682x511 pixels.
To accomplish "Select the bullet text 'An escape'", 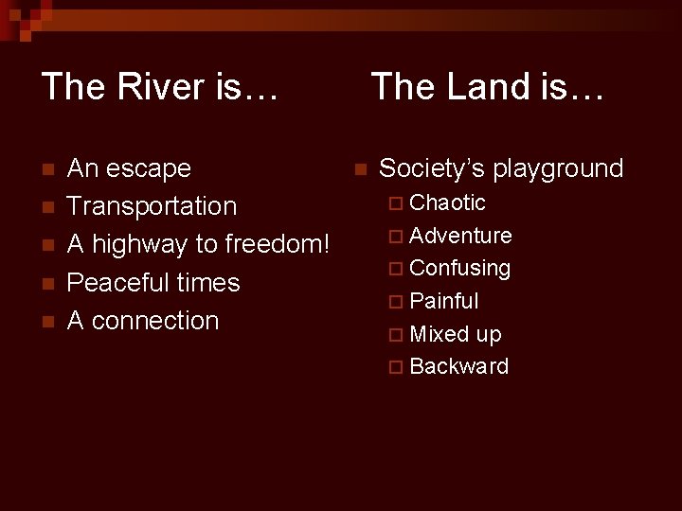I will point(129,169).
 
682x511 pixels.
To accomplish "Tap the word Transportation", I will point(153,206).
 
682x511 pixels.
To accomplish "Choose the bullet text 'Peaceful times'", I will point(153,283).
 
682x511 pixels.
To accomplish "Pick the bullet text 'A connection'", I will point(143,321).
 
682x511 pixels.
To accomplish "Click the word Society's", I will point(431,169).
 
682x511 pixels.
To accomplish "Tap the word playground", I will point(558,169).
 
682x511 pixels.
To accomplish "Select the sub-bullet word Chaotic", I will point(448,203).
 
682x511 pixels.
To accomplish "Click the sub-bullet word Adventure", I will point(461,236).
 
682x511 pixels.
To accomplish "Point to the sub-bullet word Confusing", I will point(460,269).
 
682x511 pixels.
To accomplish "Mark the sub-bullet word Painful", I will point(444,302).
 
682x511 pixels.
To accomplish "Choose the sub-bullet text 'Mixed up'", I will point(456,335).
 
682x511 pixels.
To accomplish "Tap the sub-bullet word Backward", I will point(459,367).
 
